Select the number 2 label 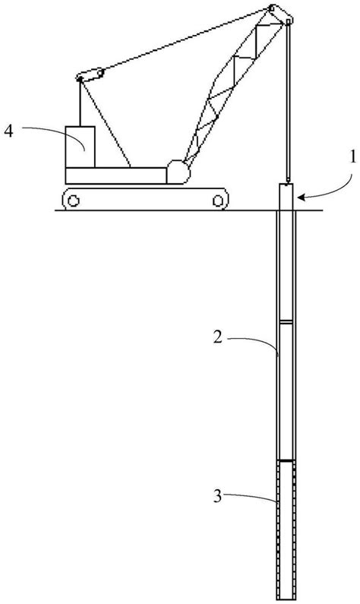pos(218,336)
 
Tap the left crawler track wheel pos(73,201)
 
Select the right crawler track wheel pos(219,201)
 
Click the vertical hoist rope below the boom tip pos(287,106)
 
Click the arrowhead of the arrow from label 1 pos(299,198)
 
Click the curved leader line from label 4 pos(46,129)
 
